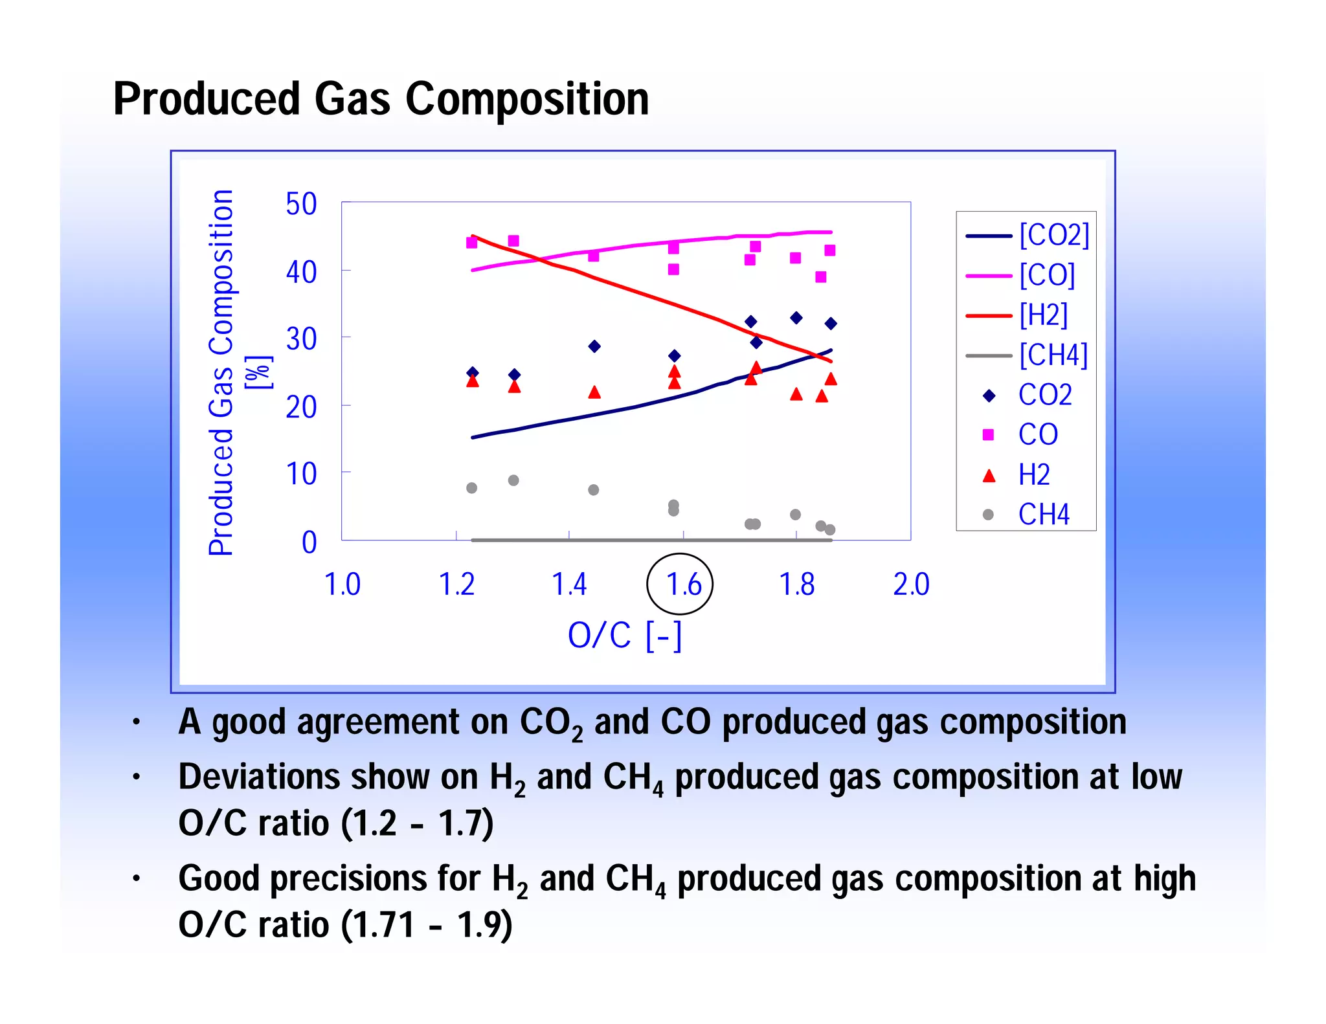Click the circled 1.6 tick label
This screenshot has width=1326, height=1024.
(x=682, y=584)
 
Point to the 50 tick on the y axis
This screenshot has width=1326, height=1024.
(x=301, y=205)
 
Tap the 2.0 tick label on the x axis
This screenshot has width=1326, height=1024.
(x=911, y=584)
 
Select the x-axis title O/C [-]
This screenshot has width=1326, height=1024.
(x=625, y=635)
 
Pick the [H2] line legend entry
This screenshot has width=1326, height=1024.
(x=1017, y=315)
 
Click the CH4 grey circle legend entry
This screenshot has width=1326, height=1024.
(x=1026, y=515)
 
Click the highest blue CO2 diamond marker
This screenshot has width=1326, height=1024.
(x=796, y=318)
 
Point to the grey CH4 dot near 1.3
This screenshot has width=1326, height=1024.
(x=513, y=480)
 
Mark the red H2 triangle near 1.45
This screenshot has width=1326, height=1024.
(x=594, y=392)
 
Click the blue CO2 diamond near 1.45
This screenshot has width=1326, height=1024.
(x=594, y=346)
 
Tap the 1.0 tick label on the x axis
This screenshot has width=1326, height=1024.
(x=343, y=584)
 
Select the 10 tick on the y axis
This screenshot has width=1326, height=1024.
(x=301, y=474)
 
